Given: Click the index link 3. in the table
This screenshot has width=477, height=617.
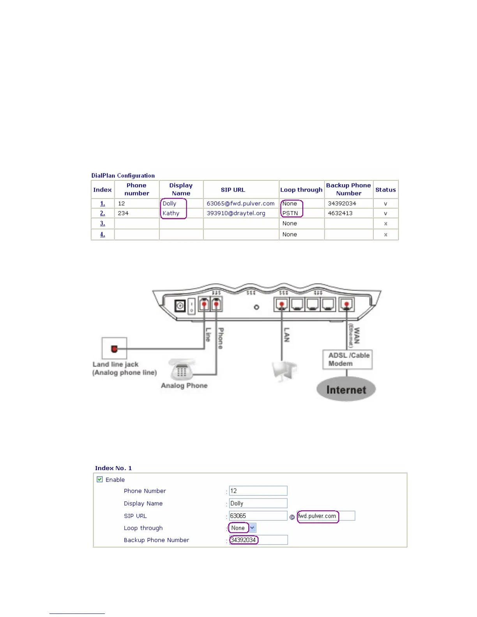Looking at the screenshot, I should click(102, 224).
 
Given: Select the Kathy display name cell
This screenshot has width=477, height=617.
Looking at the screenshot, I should click(171, 213).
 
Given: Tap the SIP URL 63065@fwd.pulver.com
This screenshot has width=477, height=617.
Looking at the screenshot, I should click(240, 204).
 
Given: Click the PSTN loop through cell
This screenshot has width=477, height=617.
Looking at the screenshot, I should click(290, 213).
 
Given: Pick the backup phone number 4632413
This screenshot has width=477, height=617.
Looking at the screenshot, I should click(340, 213).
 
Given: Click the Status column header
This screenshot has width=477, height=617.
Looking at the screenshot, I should click(385, 190).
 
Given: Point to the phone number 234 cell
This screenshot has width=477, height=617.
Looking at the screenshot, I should click(123, 213).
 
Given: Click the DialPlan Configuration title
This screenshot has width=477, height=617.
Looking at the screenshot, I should click(123, 176).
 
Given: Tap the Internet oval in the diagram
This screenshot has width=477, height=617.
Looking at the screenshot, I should click(346, 390).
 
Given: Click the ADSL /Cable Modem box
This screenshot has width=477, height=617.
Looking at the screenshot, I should click(348, 360).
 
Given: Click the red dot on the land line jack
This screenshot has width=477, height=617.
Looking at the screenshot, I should click(114, 349).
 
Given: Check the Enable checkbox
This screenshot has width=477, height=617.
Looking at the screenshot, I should click(100, 479).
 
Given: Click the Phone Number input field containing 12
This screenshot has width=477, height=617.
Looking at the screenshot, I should click(258, 491).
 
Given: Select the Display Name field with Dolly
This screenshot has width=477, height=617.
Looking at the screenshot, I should click(258, 503).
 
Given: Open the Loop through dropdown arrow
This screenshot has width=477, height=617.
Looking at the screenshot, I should click(253, 528).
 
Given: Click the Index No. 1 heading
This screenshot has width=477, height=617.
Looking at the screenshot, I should click(113, 468).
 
